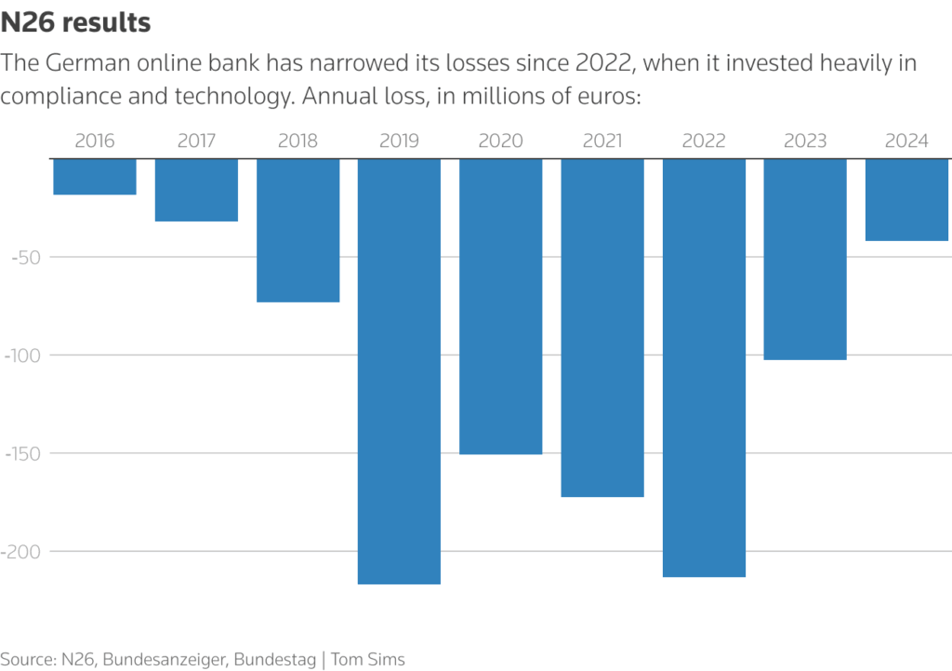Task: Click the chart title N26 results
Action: coord(75,22)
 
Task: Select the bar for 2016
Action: coord(95,177)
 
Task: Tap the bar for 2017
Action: coord(196,190)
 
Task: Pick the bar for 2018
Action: coord(297,230)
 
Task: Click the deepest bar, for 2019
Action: coord(399,371)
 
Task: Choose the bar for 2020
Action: coord(500,306)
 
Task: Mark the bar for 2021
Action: coord(602,328)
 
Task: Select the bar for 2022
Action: coord(704,368)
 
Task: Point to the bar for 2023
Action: coord(805,259)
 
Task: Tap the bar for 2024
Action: coord(906,200)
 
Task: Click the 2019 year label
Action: coord(399,141)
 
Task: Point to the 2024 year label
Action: coord(906,141)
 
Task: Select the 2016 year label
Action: coord(95,141)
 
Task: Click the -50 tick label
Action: coord(25,257)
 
